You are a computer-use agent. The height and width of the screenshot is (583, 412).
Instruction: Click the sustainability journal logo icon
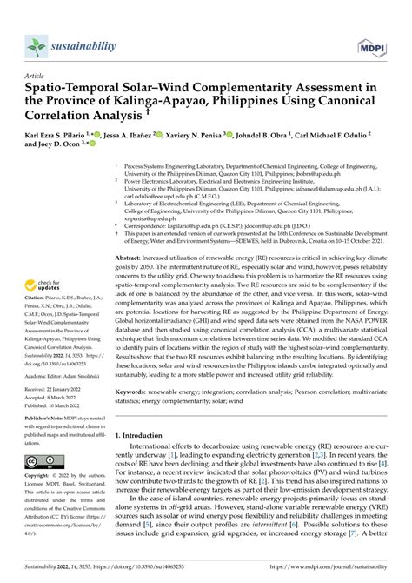36,44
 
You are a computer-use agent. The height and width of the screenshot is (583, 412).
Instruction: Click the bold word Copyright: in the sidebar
41,478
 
